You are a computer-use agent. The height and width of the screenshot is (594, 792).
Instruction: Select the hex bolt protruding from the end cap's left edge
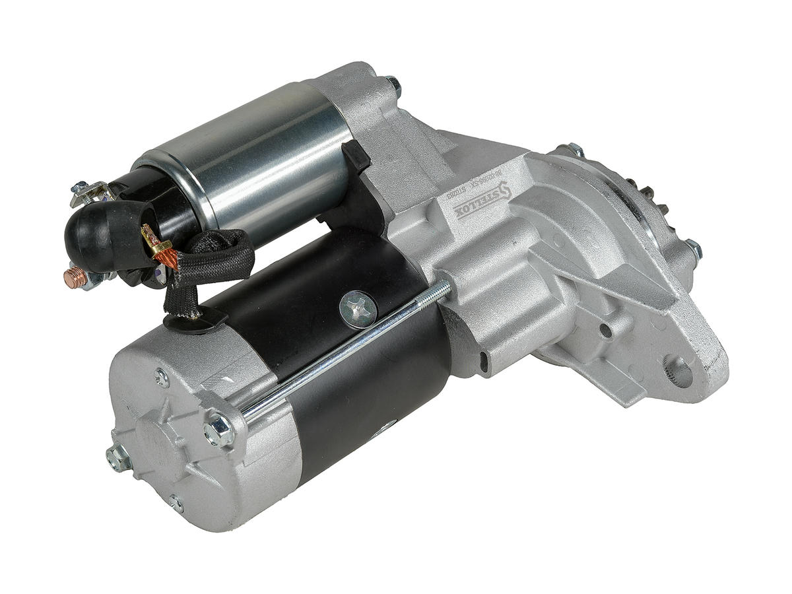point(117,455)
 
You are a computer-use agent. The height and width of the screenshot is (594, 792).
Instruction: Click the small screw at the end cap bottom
point(176,504)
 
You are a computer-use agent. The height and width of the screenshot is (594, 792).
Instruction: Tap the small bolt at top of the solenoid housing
point(393,84)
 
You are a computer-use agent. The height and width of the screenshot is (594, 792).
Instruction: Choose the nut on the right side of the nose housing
point(693,249)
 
